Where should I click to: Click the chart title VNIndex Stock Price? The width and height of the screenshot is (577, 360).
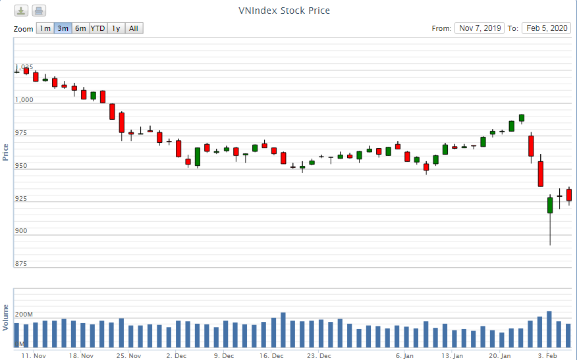point(284,11)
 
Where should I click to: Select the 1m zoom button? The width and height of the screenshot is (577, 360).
point(45,28)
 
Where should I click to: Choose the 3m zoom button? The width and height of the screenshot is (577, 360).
point(63,28)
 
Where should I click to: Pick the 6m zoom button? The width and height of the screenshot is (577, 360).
point(80,28)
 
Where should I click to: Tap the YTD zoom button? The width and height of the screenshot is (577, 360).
point(98,28)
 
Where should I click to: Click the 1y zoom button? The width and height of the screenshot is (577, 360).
point(116,28)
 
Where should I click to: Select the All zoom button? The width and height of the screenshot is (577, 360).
point(134,28)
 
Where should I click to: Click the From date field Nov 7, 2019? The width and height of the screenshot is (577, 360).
point(480,28)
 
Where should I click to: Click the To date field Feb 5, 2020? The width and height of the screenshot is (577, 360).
point(546,28)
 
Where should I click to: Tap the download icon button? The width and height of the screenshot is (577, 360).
point(22,11)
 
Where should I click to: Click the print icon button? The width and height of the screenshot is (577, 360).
point(39,11)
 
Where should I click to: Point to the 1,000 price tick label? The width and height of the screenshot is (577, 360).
point(24,100)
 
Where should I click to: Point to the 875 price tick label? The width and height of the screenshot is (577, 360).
point(21,264)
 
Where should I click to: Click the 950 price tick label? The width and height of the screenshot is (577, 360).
point(21,166)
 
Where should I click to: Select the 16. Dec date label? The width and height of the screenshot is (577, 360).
point(271,356)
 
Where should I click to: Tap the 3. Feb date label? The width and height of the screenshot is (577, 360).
point(547,356)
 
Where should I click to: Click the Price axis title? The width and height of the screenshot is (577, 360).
point(6,152)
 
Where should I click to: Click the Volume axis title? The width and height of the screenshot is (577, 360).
point(6,317)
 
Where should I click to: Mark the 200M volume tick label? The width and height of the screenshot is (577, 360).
point(24,315)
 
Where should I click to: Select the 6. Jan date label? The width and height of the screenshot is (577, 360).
point(404,356)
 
